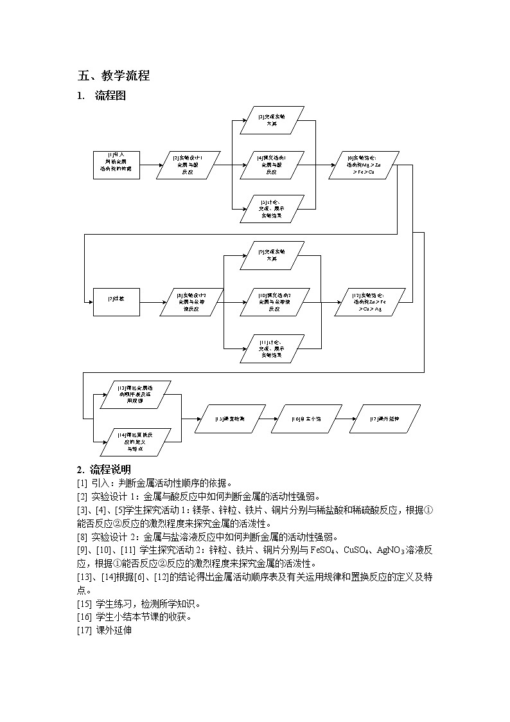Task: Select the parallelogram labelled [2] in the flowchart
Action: click(188, 165)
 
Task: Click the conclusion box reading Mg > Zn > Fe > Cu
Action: click(363, 165)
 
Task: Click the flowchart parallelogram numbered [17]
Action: click(385, 419)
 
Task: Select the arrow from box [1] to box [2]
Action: click(152, 165)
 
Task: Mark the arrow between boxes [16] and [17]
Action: click(346, 419)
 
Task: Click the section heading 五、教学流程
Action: click(114, 76)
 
